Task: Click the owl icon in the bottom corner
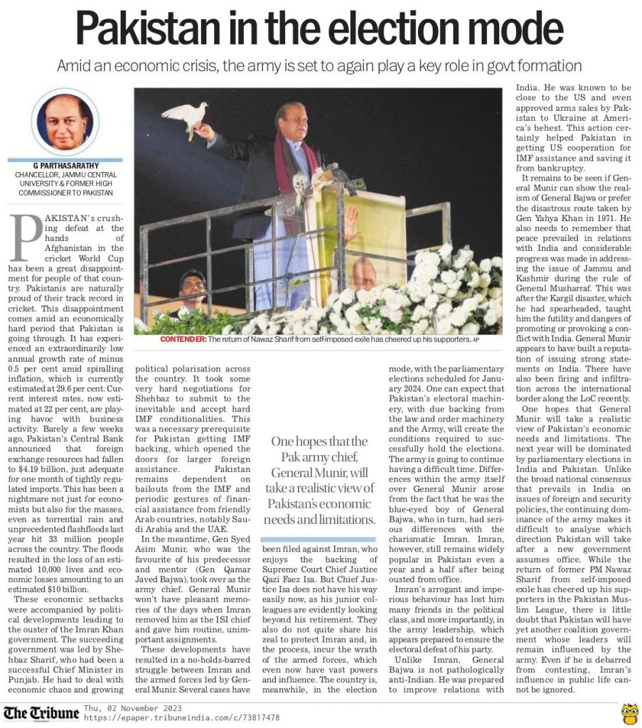[628, 712]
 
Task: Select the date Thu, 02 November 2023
[132, 708]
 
